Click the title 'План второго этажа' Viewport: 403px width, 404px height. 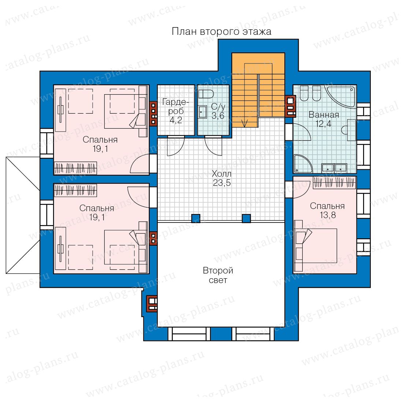click(x=221, y=32)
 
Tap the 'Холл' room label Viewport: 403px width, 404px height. click(x=221, y=174)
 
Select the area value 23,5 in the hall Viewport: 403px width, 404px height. click(x=221, y=183)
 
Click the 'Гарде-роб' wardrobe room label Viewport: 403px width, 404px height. click(x=176, y=106)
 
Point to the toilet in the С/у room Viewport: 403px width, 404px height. click(x=206, y=94)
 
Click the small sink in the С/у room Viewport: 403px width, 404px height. click(x=203, y=112)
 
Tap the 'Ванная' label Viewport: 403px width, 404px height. click(x=324, y=115)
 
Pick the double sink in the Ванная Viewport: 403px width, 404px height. click(x=334, y=168)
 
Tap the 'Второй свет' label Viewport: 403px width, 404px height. click(x=218, y=275)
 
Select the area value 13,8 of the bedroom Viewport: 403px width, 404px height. click(x=328, y=215)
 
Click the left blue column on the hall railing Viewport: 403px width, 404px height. click(x=196, y=218)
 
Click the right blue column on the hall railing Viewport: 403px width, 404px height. click(x=246, y=218)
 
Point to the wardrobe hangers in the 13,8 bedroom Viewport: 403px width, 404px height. click(x=334, y=183)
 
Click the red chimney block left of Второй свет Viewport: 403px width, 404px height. click(x=152, y=304)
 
